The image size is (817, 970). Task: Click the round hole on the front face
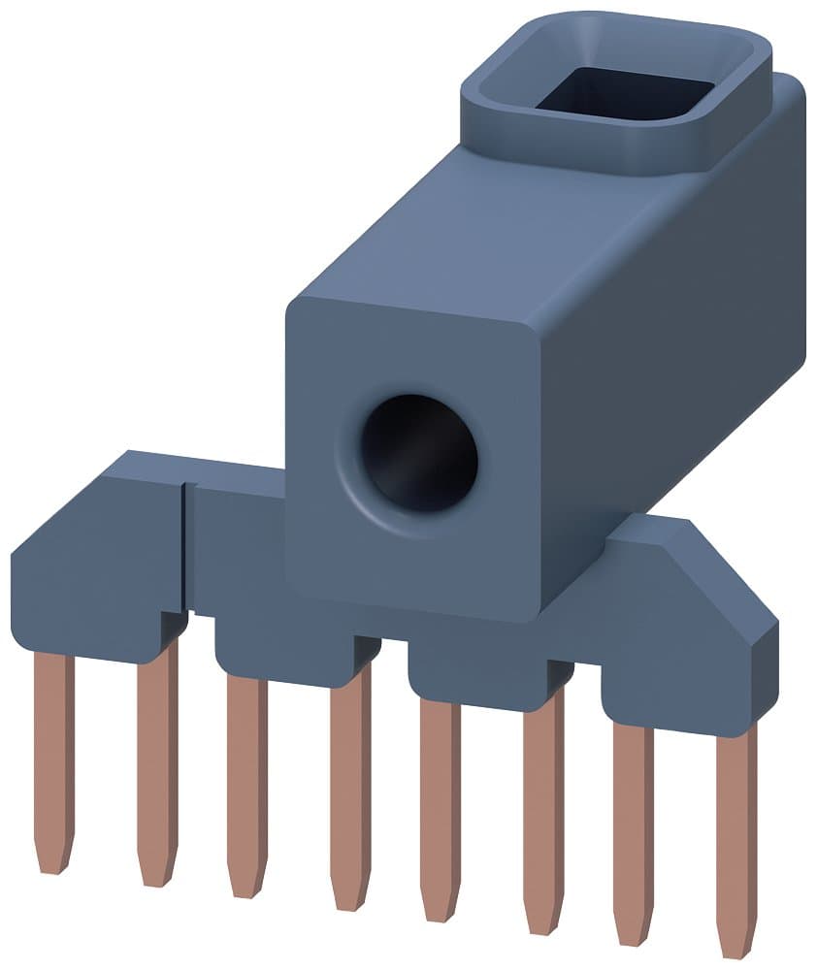click(418, 453)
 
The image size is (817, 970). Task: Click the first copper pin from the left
click(53, 757)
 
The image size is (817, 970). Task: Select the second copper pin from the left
click(156, 766)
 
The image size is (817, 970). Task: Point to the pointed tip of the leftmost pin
click(52, 858)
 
